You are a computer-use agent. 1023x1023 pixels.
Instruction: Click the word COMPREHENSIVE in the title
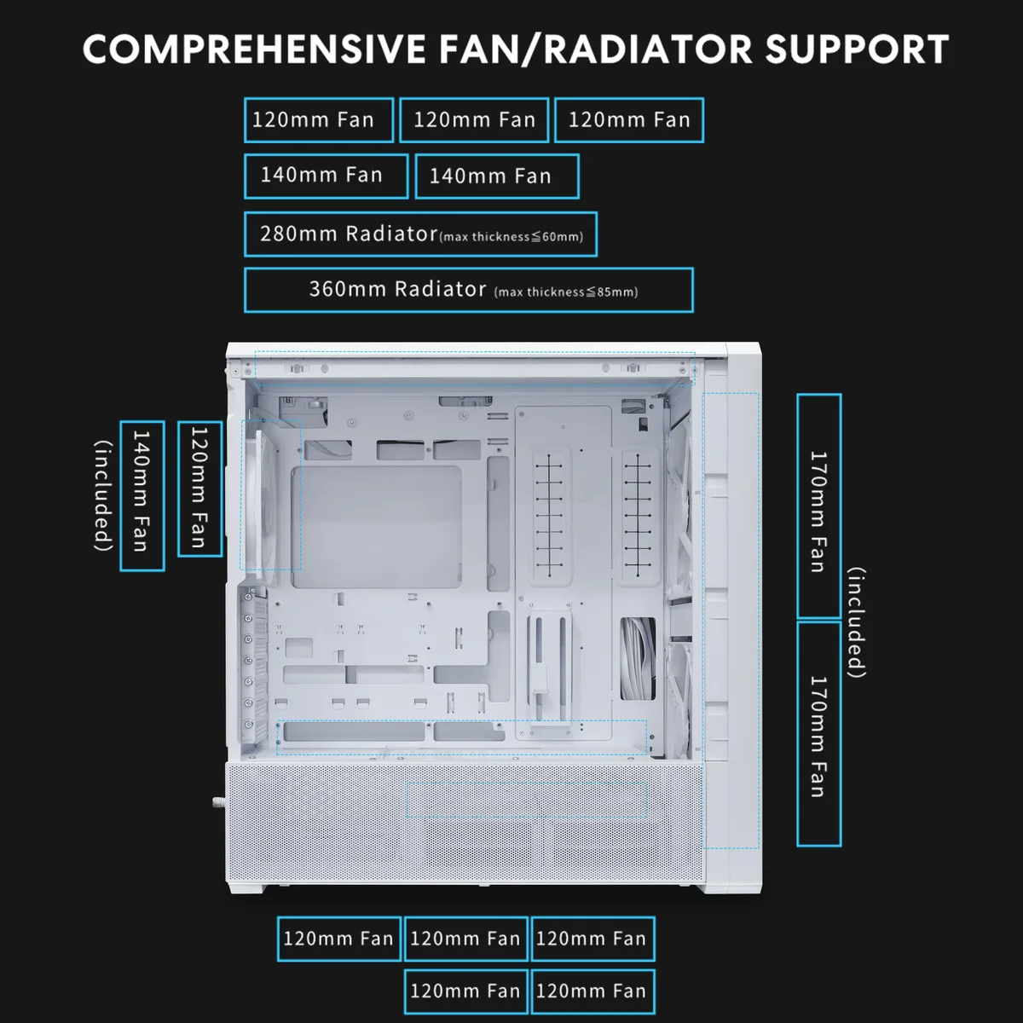click(255, 49)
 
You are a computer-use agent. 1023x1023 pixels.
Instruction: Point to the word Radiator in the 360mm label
click(440, 289)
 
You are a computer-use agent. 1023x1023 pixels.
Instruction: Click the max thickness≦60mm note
click(511, 237)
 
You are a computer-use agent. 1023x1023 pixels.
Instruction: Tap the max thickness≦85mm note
click(566, 292)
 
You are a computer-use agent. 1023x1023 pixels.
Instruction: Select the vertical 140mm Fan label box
click(142, 496)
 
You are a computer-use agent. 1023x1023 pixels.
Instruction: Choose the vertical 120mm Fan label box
click(199, 489)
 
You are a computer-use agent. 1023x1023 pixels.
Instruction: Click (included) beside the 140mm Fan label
click(103, 496)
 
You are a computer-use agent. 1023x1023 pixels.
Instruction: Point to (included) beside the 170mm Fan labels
click(856, 622)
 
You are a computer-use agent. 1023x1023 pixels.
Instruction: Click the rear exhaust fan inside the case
click(260, 501)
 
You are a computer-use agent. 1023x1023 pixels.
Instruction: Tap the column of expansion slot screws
click(247, 661)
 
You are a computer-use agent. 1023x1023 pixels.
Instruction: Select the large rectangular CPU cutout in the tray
click(376, 527)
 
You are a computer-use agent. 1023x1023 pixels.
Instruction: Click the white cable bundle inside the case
click(639, 658)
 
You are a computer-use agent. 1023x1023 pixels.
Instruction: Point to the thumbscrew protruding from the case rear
click(217, 801)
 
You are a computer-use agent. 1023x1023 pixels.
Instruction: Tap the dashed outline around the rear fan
click(240, 494)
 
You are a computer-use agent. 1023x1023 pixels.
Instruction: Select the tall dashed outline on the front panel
click(703, 620)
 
